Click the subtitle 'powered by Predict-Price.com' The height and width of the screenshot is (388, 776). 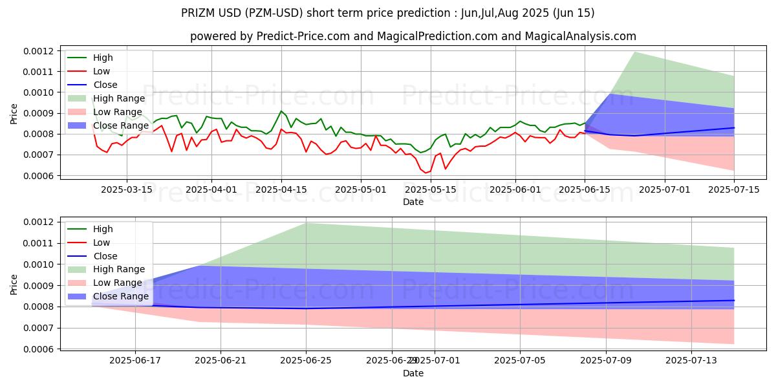click(x=413, y=36)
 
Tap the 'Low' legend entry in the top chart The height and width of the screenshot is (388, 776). click(x=102, y=71)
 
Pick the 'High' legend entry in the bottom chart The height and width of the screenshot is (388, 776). click(x=103, y=229)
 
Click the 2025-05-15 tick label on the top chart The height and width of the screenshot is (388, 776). click(x=430, y=189)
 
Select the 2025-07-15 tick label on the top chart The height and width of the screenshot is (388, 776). click(x=734, y=189)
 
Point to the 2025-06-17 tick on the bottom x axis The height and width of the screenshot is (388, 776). click(x=135, y=361)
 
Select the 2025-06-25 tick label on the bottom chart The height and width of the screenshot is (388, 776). click(x=306, y=361)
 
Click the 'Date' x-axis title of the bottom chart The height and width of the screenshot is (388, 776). click(x=413, y=373)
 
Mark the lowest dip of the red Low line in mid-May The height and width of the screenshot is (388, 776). click(x=426, y=173)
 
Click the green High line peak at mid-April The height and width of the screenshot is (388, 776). click(x=281, y=111)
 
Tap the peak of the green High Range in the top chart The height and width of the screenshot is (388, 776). click(x=634, y=52)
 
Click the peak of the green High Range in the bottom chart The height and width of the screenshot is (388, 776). click(x=306, y=223)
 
